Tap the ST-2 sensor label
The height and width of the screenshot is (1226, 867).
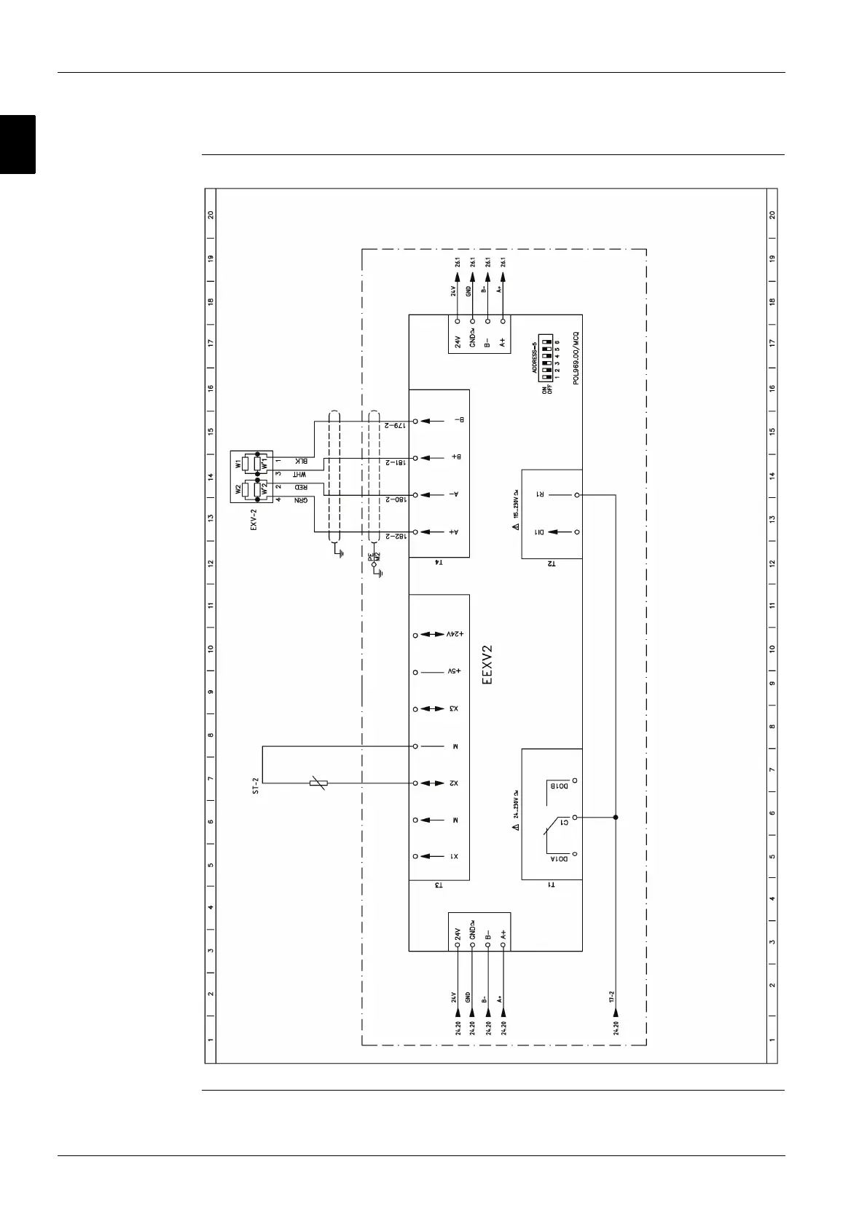(x=255, y=783)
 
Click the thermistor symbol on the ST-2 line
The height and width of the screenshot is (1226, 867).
(x=318, y=783)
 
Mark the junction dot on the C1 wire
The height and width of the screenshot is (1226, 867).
(x=616, y=818)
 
